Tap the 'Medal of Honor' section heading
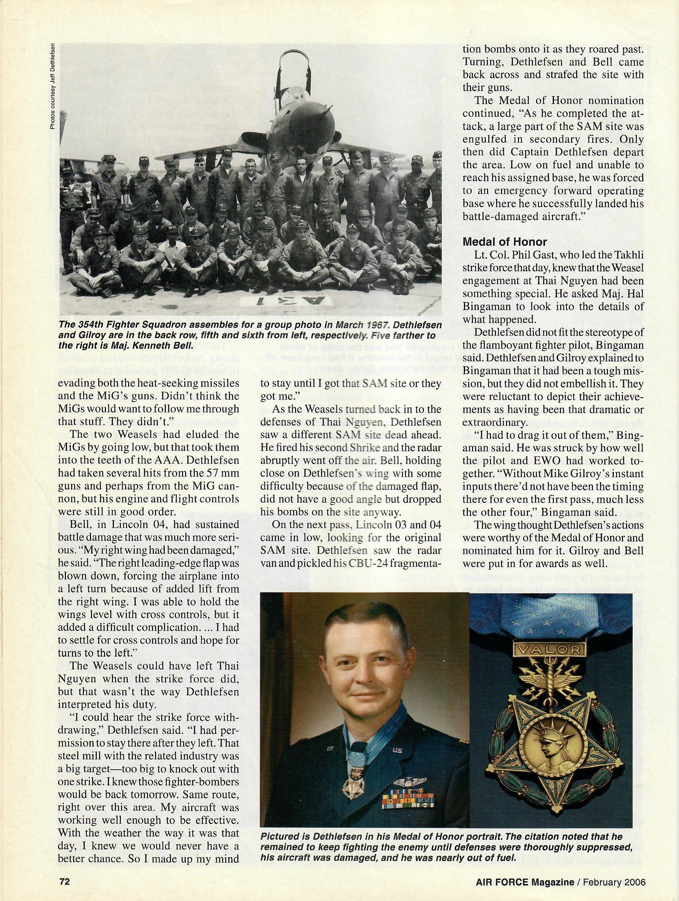pos(505,242)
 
